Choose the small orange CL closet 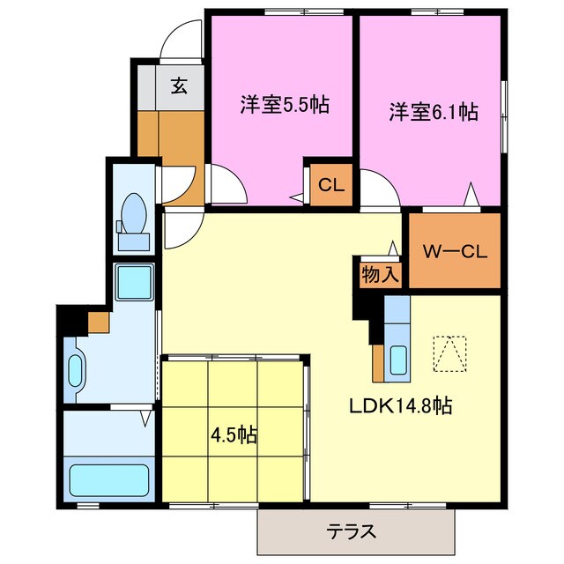click(330, 186)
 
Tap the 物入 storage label click(380, 274)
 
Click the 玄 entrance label click(180, 86)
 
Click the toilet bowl click(135, 211)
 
